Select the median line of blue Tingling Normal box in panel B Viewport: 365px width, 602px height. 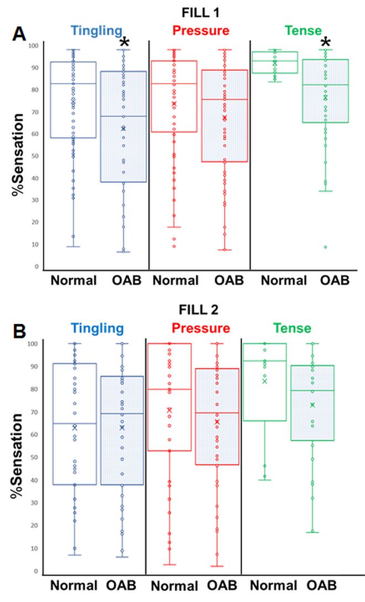(74, 424)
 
